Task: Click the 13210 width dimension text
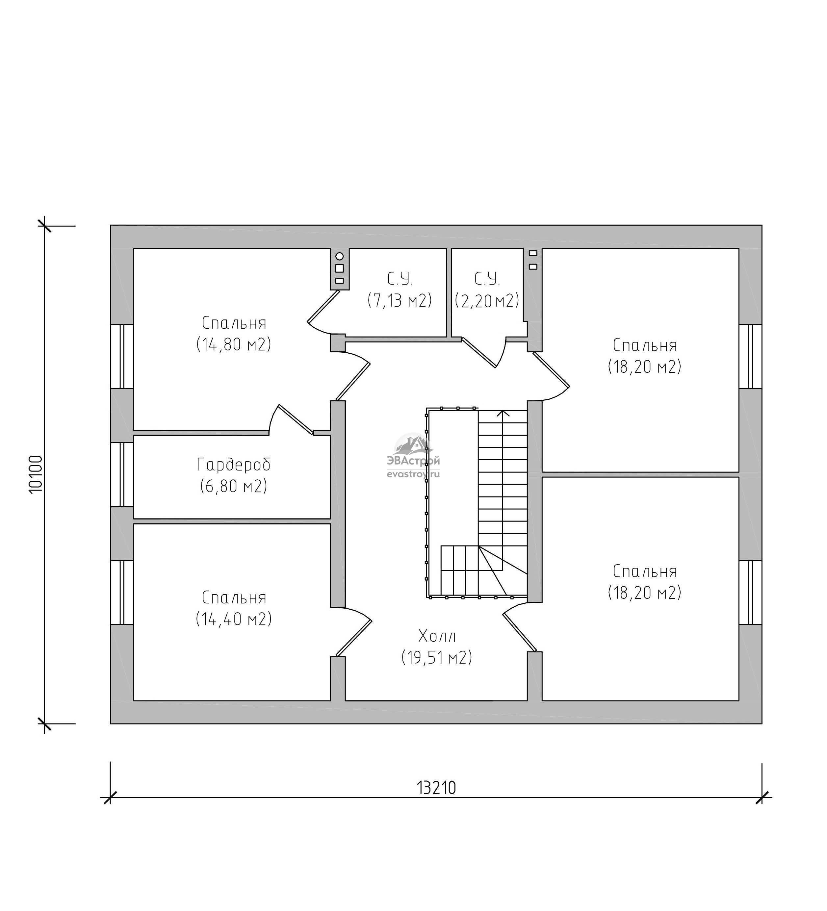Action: (x=436, y=788)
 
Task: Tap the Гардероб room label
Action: (x=234, y=465)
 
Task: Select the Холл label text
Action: (x=437, y=636)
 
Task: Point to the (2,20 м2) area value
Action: (x=487, y=300)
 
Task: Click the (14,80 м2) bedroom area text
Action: (x=234, y=344)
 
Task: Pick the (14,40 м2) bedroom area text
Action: (x=234, y=619)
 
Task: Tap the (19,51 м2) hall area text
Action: (x=437, y=657)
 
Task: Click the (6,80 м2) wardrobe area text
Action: (x=234, y=486)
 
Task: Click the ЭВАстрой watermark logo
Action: (x=413, y=455)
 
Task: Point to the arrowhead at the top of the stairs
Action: (x=503, y=413)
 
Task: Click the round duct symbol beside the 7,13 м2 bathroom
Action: (x=339, y=257)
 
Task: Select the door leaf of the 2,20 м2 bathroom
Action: (x=479, y=352)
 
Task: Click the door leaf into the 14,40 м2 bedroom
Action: (x=353, y=639)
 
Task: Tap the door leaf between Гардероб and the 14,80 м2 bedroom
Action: (x=296, y=420)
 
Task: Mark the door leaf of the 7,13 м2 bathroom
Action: (x=323, y=306)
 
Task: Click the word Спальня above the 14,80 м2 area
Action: (x=234, y=323)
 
